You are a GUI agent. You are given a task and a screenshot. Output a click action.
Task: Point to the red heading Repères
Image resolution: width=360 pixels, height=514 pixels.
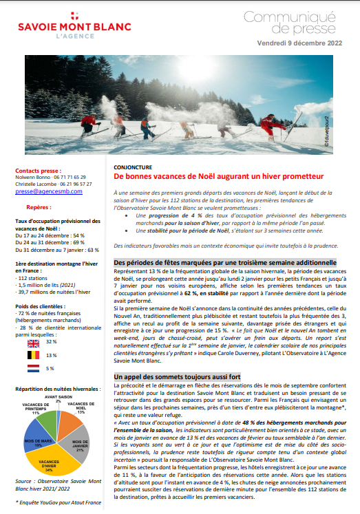point(39,205)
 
